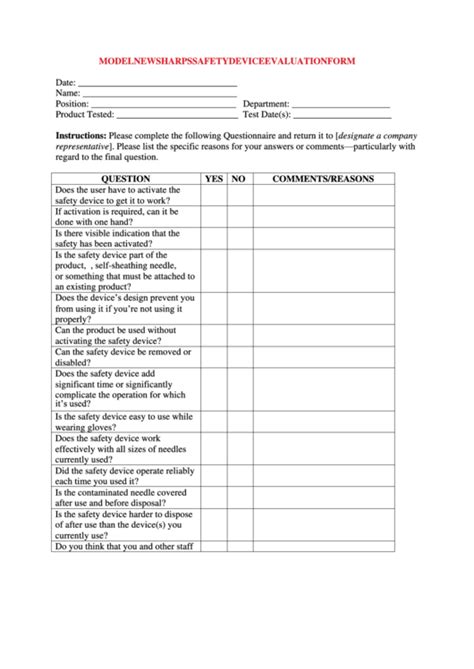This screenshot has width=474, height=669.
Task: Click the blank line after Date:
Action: click(x=156, y=84)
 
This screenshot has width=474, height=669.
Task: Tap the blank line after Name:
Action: click(x=158, y=94)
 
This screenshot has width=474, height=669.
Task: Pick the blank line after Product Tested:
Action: click(x=176, y=116)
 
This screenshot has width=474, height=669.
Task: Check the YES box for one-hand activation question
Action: click(x=213, y=217)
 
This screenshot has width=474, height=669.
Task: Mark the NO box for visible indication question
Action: click(x=238, y=239)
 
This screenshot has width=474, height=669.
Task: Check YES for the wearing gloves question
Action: click(x=213, y=421)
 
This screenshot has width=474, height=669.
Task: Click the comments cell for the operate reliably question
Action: click(x=323, y=476)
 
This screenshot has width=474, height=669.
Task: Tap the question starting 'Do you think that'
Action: click(x=125, y=547)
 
